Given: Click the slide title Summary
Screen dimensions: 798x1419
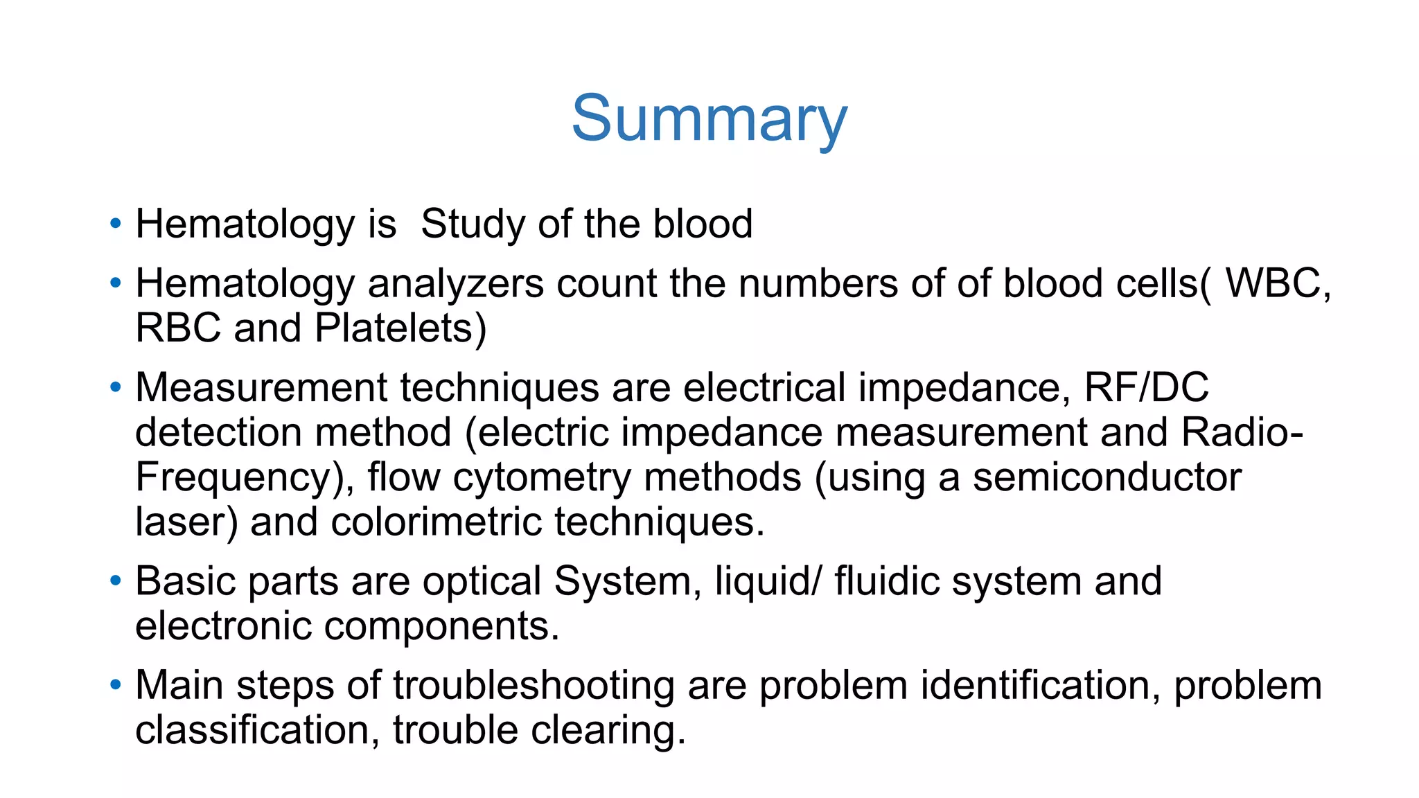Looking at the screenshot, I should tap(709, 119).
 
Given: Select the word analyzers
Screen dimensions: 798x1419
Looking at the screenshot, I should tap(455, 284).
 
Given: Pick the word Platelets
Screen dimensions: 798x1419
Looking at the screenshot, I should tap(394, 328).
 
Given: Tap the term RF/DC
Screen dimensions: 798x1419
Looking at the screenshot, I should tap(1146, 387).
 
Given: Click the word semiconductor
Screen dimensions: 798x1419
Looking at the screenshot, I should tap(1107, 477).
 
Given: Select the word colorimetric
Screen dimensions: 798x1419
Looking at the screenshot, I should tap(436, 522).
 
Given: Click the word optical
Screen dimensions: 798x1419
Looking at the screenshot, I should tap(482, 580).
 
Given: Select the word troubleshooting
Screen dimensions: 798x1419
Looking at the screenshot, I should tap(534, 685).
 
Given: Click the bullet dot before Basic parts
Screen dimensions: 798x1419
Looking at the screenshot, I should tap(115, 580).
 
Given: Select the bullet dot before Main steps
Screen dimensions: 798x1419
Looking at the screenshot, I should tap(115, 685).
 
